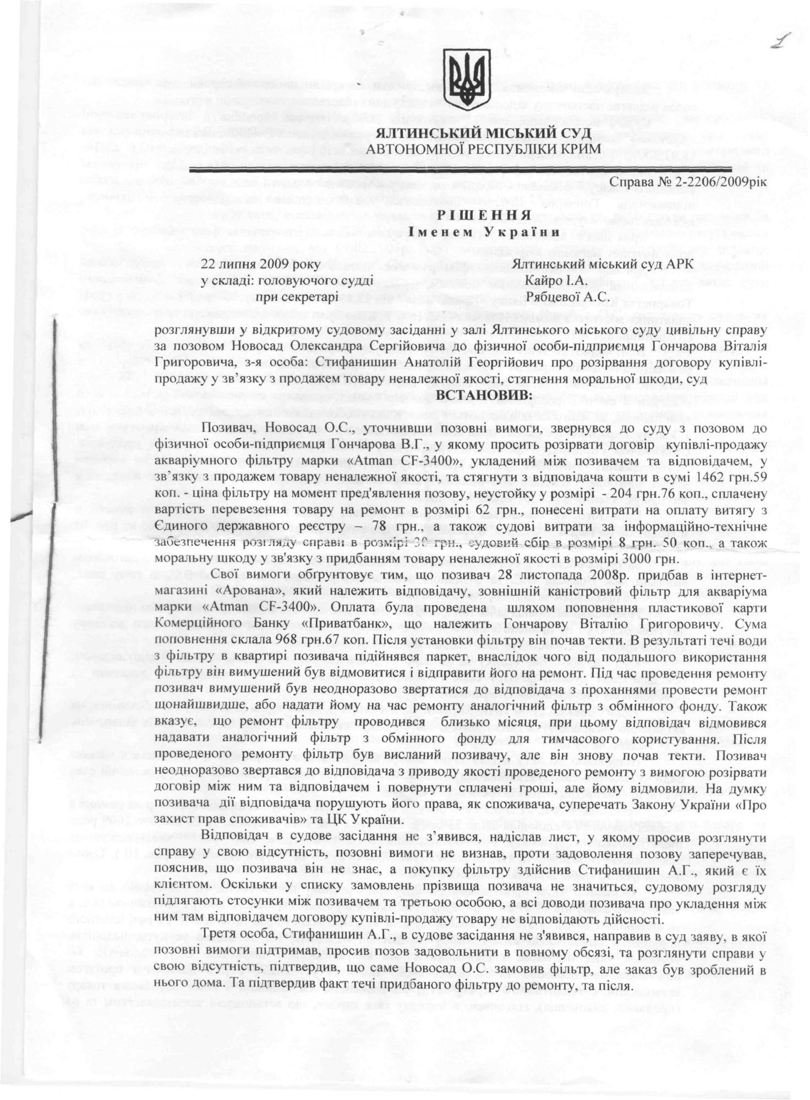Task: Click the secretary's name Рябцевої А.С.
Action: click(567, 298)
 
